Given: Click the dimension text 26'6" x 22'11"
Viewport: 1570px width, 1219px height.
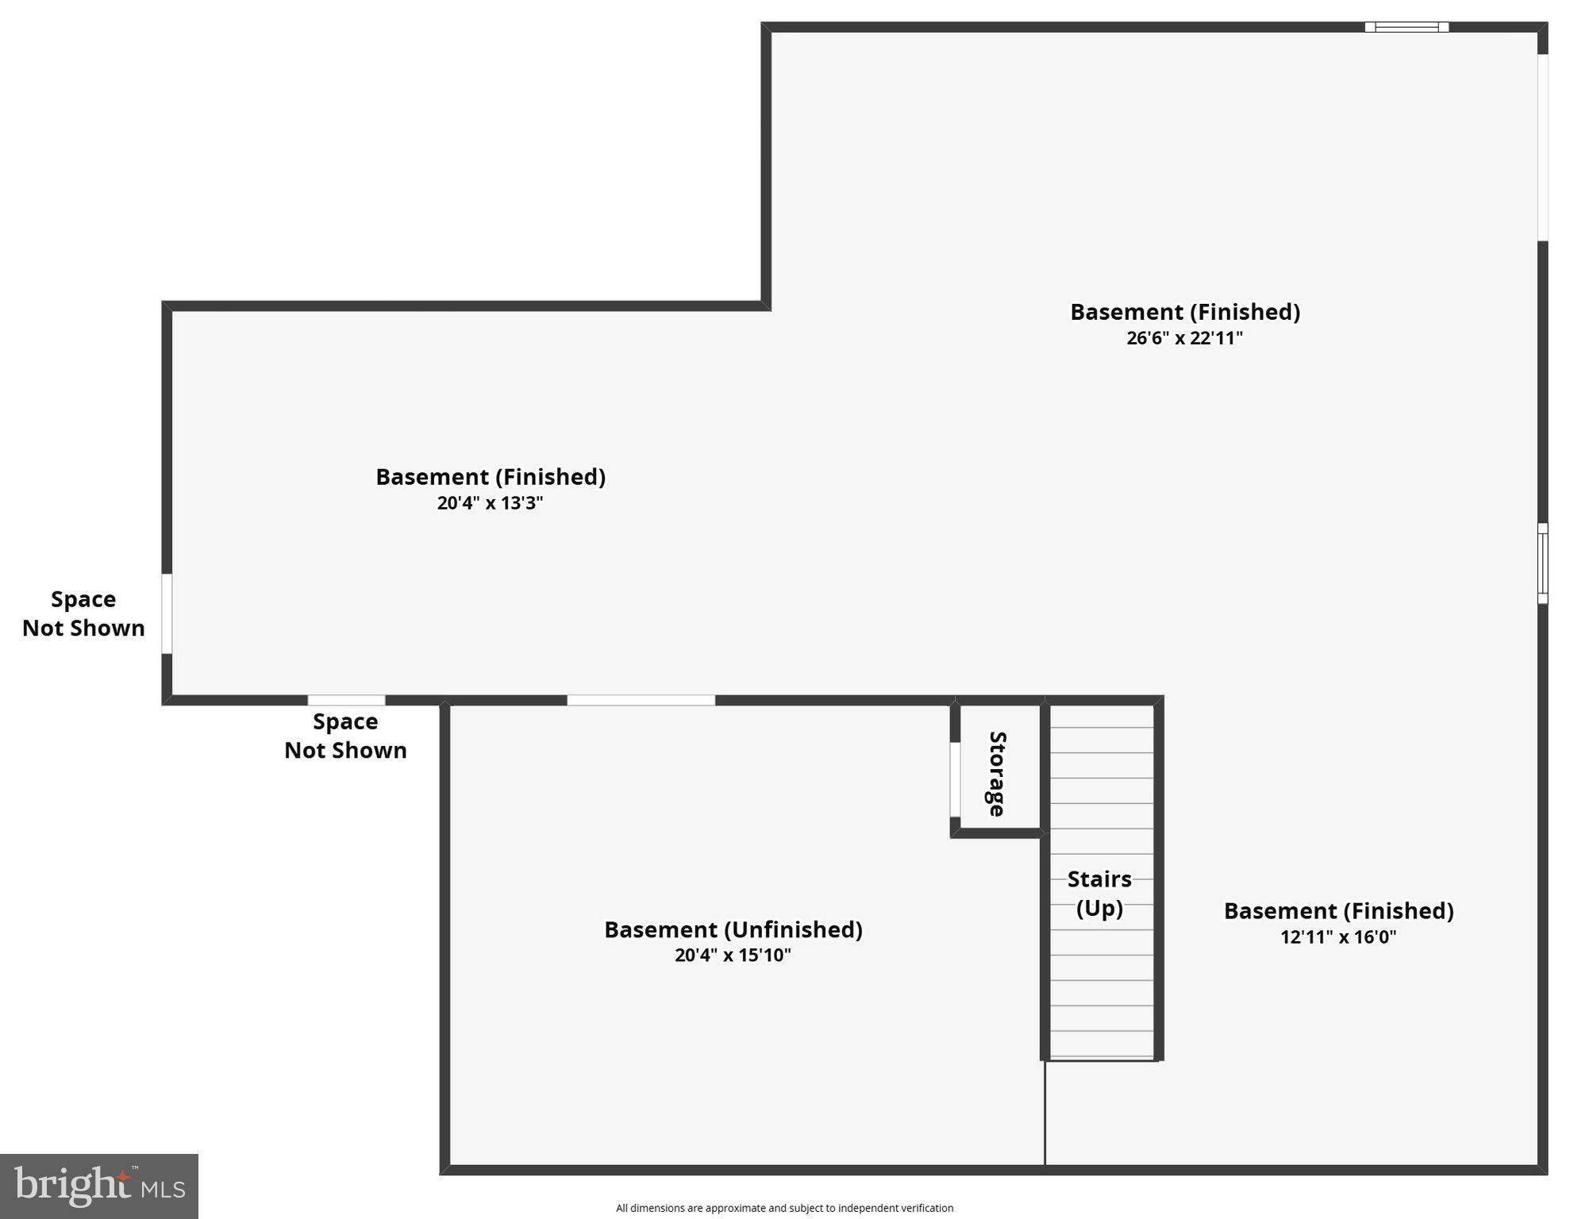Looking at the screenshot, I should (1184, 338).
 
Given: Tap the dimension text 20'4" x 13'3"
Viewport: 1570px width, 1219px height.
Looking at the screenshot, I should (490, 503).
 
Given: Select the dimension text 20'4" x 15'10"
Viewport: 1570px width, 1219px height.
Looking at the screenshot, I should (733, 955).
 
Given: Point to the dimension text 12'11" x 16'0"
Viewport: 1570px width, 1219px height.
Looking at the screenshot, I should (1338, 936).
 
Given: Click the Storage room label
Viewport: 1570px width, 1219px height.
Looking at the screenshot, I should (997, 774).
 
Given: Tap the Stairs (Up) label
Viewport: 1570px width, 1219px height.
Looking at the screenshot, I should (1099, 893).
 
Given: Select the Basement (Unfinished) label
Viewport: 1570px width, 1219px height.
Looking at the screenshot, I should (733, 929).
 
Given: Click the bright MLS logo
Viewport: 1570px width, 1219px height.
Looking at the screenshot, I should (99, 1186).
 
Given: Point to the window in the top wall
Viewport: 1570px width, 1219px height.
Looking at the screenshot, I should (1406, 27).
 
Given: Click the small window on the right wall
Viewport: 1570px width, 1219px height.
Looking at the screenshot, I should (1542, 563).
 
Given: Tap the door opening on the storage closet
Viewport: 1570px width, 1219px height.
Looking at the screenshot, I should (955, 779).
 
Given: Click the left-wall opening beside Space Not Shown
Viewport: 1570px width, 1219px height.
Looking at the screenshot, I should (167, 613).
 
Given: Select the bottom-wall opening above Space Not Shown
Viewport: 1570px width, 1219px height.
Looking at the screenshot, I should (346, 700).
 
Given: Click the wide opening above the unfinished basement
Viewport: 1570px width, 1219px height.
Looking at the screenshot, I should (641, 700).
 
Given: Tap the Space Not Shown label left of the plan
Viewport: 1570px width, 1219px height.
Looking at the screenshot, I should (83, 613).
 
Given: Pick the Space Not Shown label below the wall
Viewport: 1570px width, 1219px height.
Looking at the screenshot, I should (345, 736).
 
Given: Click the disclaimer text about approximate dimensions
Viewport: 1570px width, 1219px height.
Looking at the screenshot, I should (784, 1208).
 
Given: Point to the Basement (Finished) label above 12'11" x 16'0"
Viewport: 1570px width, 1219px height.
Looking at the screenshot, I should (1338, 911).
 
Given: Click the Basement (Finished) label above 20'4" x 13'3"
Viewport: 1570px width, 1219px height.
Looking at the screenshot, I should (490, 477).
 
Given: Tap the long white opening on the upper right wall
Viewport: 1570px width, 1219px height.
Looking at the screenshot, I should (1542, 148).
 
